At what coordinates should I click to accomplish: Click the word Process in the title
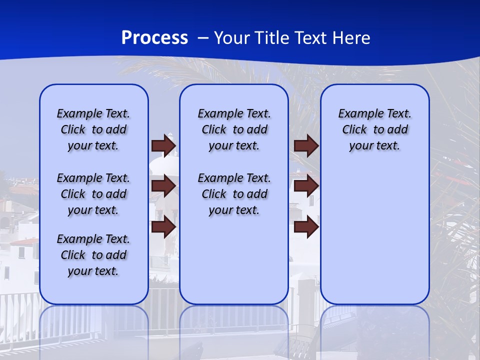[154, 38]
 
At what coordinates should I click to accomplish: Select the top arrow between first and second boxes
[163, 146]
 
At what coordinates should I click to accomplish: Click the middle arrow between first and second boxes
[163, 186]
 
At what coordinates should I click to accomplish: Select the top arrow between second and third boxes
[306, 146]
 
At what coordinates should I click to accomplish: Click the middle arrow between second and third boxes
[306, 186]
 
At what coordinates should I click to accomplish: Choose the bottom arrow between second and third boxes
[306, 227]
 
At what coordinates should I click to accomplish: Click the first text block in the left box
[93, 129]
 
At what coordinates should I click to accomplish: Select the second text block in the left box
[93, 194]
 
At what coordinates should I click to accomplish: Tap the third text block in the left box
[93, 255]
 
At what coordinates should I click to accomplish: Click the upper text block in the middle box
[234, 129]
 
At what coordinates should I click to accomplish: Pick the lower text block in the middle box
[234, 194]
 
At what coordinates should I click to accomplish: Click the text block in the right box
[374, 129]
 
